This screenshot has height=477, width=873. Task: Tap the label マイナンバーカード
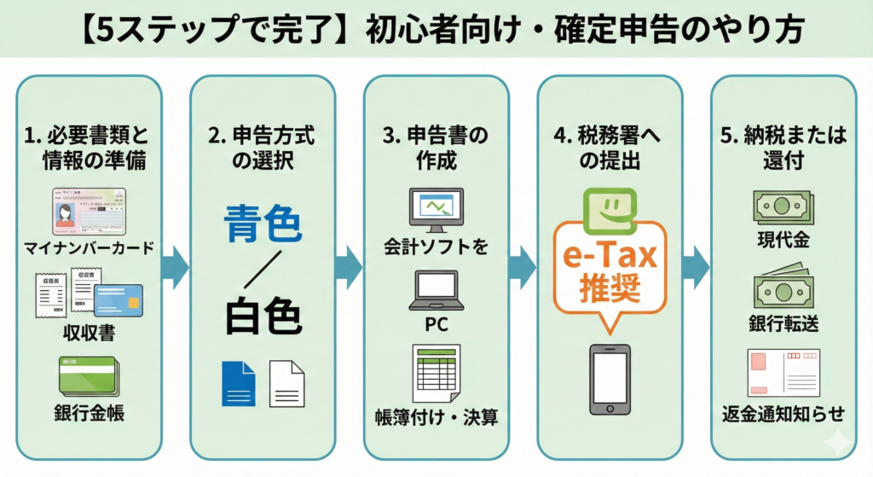click(x=90, y=248)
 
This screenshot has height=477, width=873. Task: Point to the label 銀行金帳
click(x=90, y=416)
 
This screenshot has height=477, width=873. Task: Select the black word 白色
click(x=263, y=317)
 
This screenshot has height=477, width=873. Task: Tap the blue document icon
click(x=238, y=383)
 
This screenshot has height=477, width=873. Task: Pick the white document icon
click(x=286, y=383)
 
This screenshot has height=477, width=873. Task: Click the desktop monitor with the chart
click(x=436, y=210)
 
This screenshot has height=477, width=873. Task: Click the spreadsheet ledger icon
click(x=436, y=372)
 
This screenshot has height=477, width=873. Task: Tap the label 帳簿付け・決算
click(x=436, y=418)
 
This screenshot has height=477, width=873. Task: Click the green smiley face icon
click(x=609, y=208)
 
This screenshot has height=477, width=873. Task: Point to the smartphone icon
click(x=609, y=380)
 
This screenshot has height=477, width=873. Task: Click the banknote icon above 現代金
click(x=783, y=207)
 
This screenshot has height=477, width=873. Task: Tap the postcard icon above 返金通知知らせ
click(x=783, y=373)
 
